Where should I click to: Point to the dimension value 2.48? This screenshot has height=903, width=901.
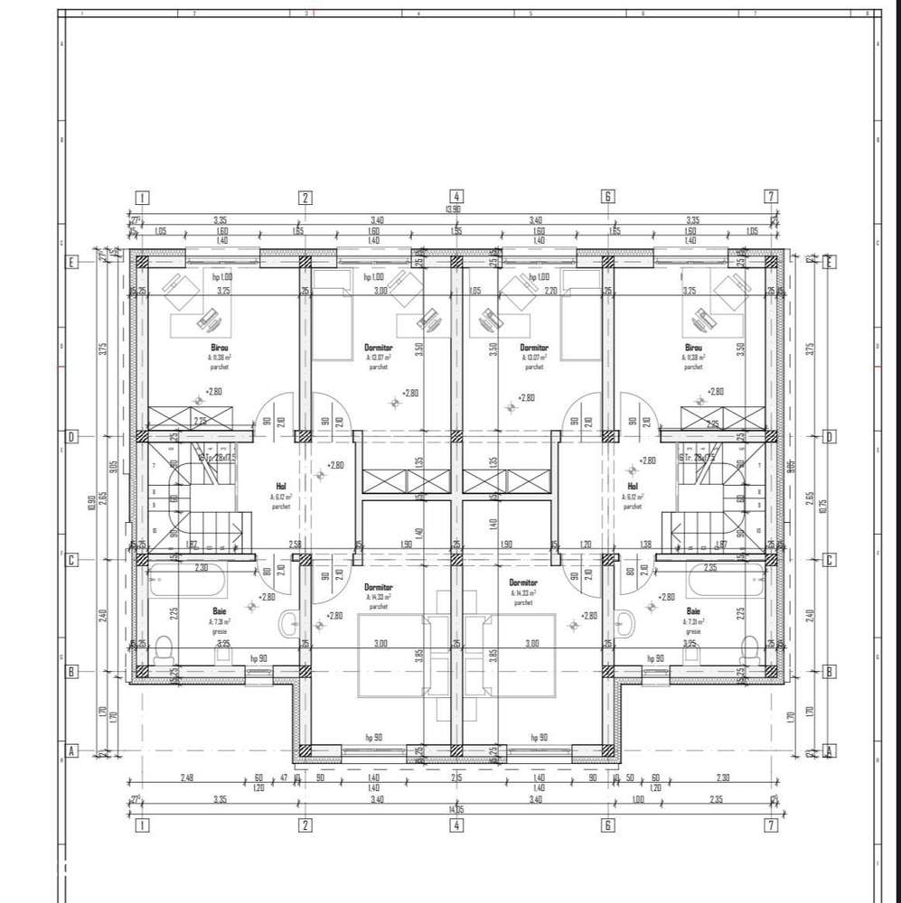(x=187, y=777)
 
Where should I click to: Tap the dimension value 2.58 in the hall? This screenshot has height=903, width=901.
(x=295, y=544)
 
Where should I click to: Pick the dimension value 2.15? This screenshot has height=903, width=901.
(x=457, y=777)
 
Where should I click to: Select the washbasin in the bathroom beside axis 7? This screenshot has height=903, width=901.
(x=624, y=623)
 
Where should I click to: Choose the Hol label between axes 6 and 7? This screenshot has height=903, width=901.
(x=633, y=486)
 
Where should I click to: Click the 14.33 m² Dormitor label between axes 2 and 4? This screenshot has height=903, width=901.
(x=378, y=590)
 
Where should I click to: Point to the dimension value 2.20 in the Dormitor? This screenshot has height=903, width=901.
(x=549, y=292)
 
